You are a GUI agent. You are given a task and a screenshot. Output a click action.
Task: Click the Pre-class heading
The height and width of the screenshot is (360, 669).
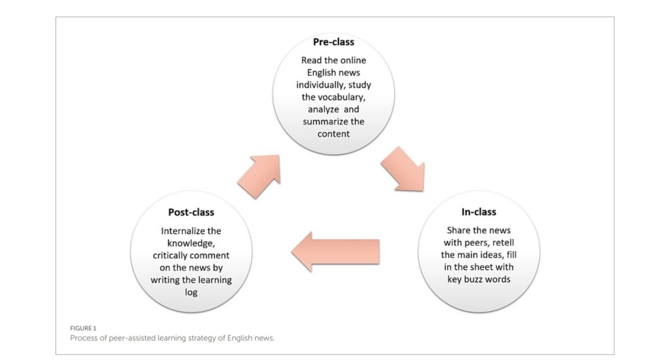(334, 42)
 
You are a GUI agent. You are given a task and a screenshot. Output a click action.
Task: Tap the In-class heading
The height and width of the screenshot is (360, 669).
(479, 212)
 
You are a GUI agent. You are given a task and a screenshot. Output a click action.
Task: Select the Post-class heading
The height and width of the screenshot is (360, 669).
(191, 212)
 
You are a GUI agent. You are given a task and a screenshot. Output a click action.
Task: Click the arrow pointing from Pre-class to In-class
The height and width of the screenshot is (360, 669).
(403, 169)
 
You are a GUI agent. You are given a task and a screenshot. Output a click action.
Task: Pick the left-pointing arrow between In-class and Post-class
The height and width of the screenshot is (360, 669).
(336, 252)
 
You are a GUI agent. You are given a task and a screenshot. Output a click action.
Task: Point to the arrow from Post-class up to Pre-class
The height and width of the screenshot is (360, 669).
(259, 176)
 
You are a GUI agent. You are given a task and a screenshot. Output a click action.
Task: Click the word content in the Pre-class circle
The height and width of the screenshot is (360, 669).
(334, 134)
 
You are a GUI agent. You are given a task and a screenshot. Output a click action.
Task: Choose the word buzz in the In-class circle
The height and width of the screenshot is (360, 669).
(473, 280)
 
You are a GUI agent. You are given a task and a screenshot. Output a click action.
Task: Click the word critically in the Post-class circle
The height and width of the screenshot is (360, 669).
(171, 255)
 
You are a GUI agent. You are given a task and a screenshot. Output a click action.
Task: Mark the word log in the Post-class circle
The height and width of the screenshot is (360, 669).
(191, 293)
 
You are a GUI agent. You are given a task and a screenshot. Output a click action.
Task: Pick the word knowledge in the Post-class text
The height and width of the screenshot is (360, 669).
(191, 244)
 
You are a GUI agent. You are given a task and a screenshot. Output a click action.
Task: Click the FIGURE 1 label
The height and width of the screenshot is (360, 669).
(83, 329)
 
